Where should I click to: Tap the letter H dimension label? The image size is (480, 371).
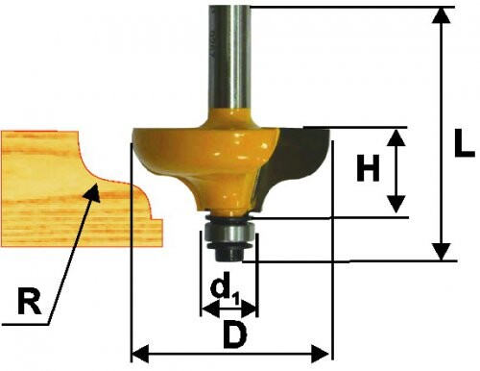coord(369,167)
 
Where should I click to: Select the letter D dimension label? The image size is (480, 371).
coord(235,335)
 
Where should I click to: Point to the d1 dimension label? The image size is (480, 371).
coord(225,288)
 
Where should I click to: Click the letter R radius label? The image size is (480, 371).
coord(30,301)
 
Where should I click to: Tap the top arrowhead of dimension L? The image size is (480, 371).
coord(442,15)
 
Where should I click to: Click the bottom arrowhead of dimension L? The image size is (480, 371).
coord(442,252)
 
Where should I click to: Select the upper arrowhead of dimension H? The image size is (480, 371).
coord(396,137)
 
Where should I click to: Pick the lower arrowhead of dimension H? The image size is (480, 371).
coord(396,204)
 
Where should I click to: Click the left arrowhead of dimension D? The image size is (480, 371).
coord(141,355)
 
